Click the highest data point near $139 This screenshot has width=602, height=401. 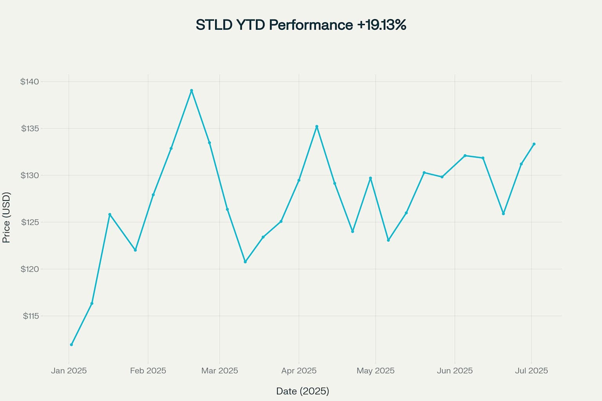191,90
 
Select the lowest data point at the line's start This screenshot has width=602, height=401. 71,345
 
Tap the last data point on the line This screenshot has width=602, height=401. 534,144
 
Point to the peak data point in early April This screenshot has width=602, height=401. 317,126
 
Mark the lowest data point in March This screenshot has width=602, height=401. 245,262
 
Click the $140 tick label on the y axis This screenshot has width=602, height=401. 30,81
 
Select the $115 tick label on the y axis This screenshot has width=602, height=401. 31,316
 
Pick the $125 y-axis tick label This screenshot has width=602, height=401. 30,222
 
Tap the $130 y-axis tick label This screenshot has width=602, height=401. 30,175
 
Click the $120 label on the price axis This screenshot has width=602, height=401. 30,269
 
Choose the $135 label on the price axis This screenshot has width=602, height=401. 30,128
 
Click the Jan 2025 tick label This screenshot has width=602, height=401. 69,370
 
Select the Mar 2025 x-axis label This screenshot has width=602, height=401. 219,370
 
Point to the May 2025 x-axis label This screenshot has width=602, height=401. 375,370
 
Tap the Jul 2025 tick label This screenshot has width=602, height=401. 531,370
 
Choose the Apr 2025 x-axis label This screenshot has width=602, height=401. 299,370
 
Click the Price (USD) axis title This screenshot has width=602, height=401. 6,217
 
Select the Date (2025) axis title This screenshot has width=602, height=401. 303,391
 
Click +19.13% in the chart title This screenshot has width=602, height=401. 381,25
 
